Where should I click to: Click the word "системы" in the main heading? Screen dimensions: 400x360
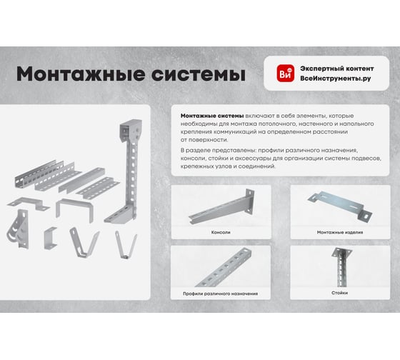point(199,74)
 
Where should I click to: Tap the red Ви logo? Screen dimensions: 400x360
point(286,74)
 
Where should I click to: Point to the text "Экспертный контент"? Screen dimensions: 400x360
point(337,69)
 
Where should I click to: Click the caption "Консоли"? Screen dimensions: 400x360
point(221,232)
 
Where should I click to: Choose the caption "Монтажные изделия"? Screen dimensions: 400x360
point(340,232)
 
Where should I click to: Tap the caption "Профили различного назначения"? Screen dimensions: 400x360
point(220,294)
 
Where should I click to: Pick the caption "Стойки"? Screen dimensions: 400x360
point(339,293)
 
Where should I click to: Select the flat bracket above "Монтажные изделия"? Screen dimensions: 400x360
point(339,204)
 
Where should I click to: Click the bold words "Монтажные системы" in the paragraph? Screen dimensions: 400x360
point(212,116)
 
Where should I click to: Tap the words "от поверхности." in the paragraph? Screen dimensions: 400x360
point(204,140)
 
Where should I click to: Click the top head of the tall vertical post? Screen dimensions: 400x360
point(131,131)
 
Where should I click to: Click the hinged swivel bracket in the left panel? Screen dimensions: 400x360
point(19,229)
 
